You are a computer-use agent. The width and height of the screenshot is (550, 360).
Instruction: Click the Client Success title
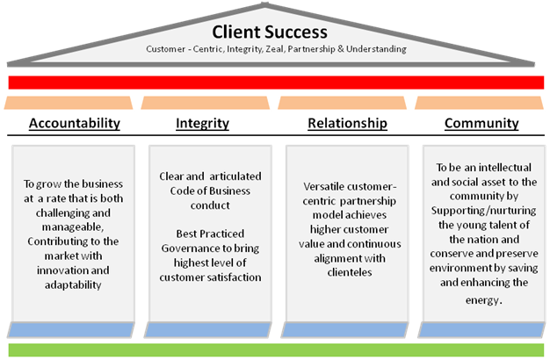click(270, 32)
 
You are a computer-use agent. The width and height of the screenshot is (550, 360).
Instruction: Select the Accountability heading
click(75, 124)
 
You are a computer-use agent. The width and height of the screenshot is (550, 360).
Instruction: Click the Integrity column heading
click(202, 124)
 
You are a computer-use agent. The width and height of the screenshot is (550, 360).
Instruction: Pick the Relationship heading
click(347, 124)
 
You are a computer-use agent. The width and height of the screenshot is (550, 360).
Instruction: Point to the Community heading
click(481, 124)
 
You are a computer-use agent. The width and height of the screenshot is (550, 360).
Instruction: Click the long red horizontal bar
click(276, 83)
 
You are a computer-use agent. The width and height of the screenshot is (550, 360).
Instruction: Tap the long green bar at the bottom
click(276, 350)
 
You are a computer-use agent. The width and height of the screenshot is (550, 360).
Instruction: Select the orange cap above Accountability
click(69, 103)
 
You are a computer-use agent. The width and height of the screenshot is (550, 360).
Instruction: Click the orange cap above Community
click(479, 103)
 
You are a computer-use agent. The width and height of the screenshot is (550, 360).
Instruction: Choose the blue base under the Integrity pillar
click(207, 330)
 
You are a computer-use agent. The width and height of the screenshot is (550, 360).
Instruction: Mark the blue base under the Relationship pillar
click(344, 330)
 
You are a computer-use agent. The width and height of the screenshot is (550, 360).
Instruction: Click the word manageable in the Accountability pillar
click(73, 227)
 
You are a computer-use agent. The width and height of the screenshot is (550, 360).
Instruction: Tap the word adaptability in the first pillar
click(73, 285)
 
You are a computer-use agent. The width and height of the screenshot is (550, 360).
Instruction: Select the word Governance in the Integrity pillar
click(196, 248)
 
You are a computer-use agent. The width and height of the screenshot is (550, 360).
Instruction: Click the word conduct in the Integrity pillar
click(210, 205)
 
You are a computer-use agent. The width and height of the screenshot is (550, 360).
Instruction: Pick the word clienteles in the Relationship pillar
click(350, 272)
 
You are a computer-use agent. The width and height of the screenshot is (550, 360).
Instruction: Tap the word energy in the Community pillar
click(482, 300)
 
